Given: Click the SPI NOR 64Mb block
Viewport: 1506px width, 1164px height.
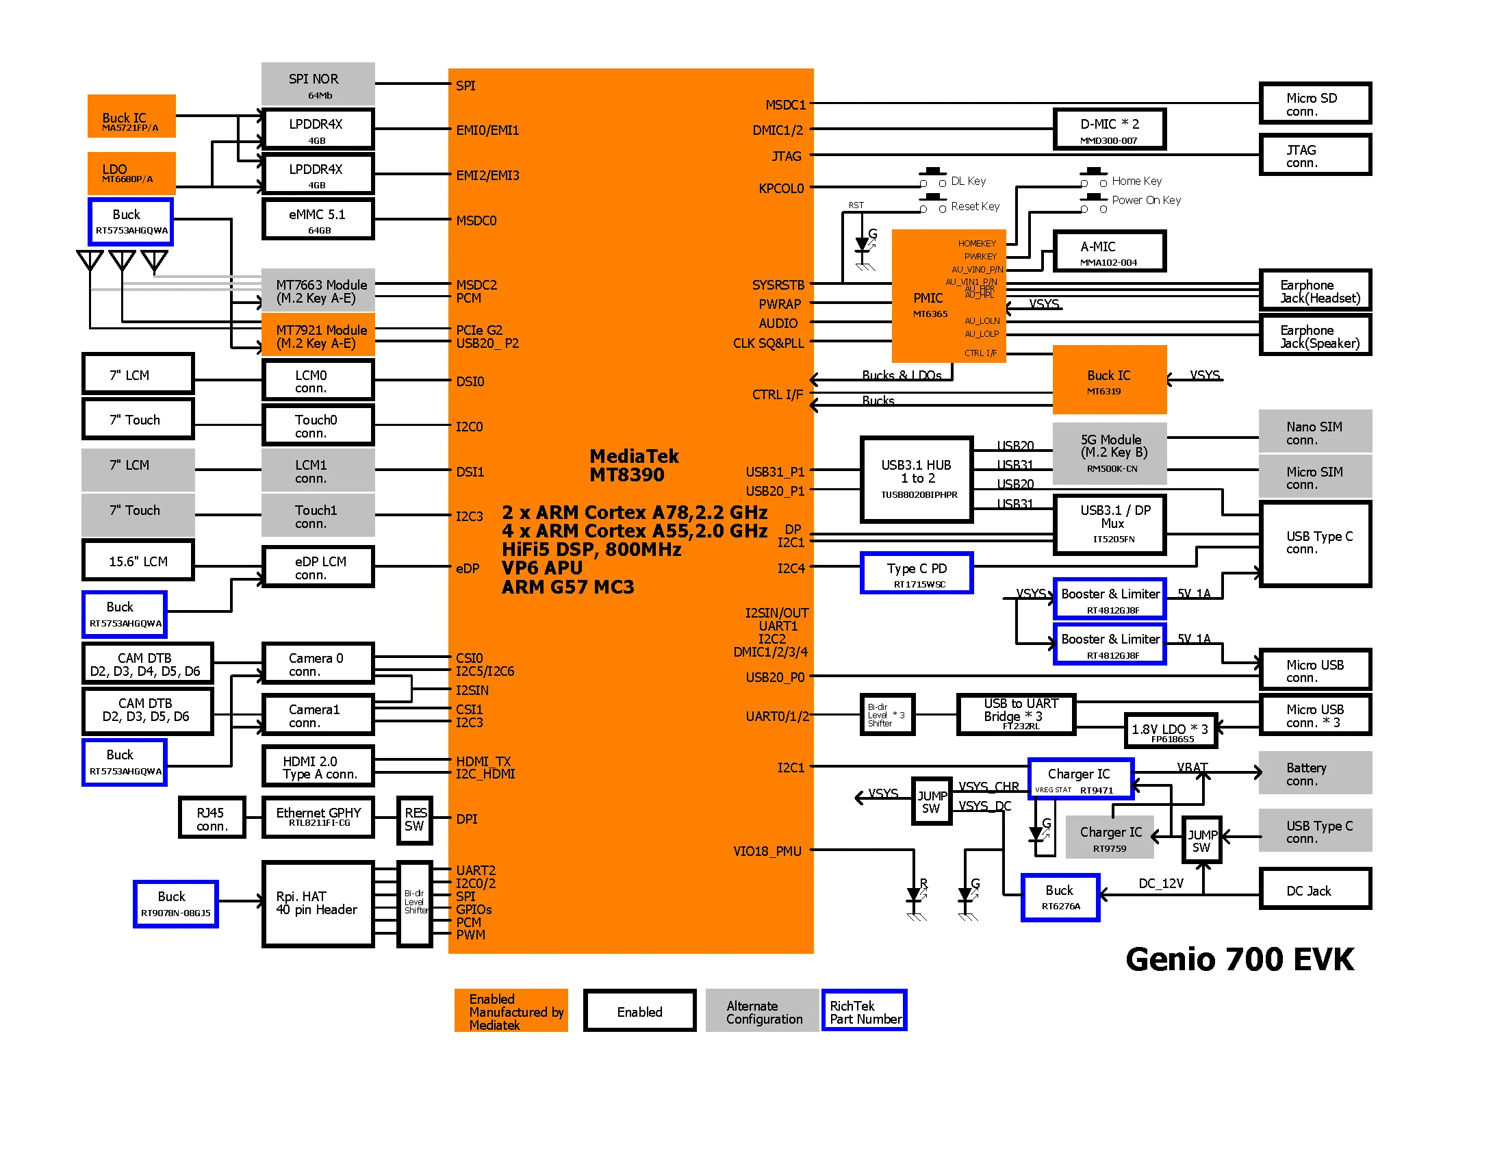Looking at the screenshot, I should [317, 84].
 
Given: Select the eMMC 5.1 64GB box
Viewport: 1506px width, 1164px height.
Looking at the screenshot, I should [317, 219].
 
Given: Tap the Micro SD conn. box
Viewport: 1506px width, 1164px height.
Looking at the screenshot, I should [1314, 103].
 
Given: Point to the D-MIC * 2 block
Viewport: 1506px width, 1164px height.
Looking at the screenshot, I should [1109, 129].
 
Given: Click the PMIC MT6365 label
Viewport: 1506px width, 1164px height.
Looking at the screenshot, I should [929, 304].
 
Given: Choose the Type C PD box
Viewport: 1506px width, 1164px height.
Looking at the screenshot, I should [917, 573].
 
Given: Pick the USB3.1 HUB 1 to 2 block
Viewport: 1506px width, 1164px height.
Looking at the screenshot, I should [917, 479].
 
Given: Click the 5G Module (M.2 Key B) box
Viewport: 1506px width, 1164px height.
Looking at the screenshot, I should [1110, 453].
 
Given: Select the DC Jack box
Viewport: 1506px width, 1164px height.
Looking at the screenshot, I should [1314, 889].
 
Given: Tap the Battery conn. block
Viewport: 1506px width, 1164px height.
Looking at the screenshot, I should [1314, 773].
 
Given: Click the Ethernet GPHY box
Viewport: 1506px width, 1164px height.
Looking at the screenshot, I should [318, 817].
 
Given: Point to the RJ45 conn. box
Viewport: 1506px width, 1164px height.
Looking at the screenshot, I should [212, 818].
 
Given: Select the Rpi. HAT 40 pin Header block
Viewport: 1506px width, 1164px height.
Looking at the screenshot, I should [317, 903].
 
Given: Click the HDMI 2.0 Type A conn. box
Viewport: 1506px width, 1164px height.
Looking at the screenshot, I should [318, 766].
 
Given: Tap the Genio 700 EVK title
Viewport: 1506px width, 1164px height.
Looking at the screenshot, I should [1239, 959].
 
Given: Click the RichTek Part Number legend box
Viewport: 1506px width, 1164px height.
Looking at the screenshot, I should [864, 1011].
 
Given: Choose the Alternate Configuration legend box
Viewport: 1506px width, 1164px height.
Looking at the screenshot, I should [763, 1011].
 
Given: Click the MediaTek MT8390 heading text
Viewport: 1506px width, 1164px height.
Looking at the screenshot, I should [633, 466].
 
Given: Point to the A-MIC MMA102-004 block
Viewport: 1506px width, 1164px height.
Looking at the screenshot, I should [1109, 252].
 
